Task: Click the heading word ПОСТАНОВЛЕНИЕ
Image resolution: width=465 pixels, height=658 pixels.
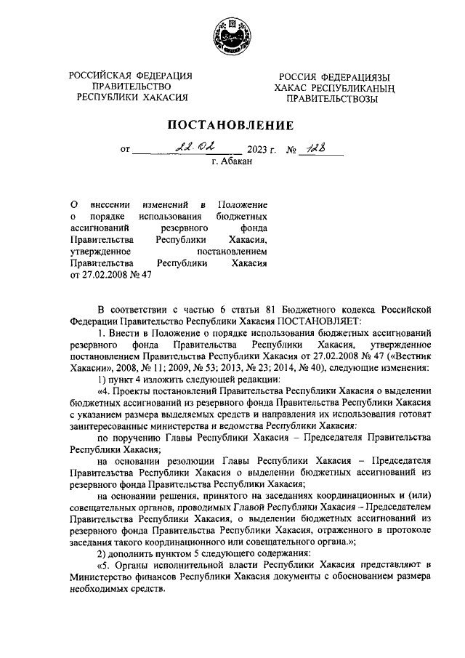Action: point(232,125)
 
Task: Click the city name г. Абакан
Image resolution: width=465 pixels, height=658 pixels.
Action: point(232,163)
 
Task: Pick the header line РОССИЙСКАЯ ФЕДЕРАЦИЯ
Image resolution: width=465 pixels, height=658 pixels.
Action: point(131,76)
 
